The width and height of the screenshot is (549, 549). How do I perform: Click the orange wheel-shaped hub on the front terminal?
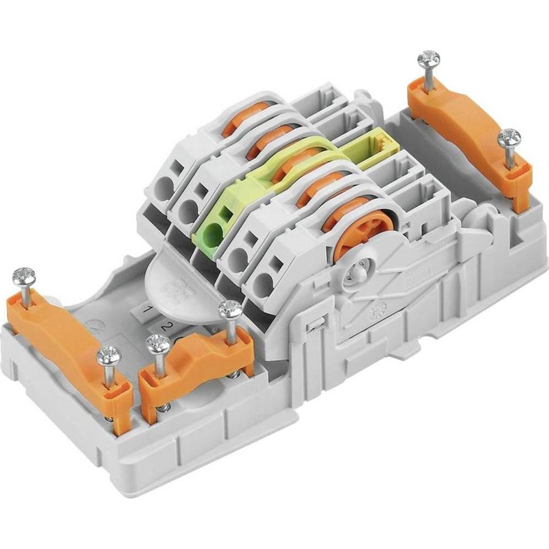363,226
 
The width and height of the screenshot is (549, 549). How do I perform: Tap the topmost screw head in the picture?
428,58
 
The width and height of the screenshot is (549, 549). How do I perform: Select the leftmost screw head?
24,275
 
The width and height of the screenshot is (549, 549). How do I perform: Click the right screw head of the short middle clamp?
230,310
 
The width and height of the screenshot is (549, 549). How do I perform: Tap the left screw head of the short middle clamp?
157,344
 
